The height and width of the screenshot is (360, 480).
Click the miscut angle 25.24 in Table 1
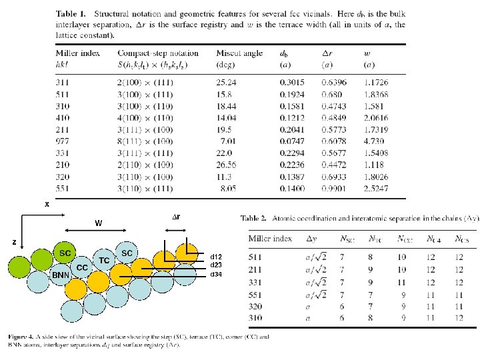coord(227,78)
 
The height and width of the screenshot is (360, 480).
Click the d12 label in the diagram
coord(216,257)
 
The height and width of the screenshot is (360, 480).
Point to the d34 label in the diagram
coord(216,274)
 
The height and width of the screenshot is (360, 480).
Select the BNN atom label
coord(61,275)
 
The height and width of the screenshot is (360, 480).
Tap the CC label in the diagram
coord(82,267)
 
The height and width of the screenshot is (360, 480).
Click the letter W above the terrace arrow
coord(98,223)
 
